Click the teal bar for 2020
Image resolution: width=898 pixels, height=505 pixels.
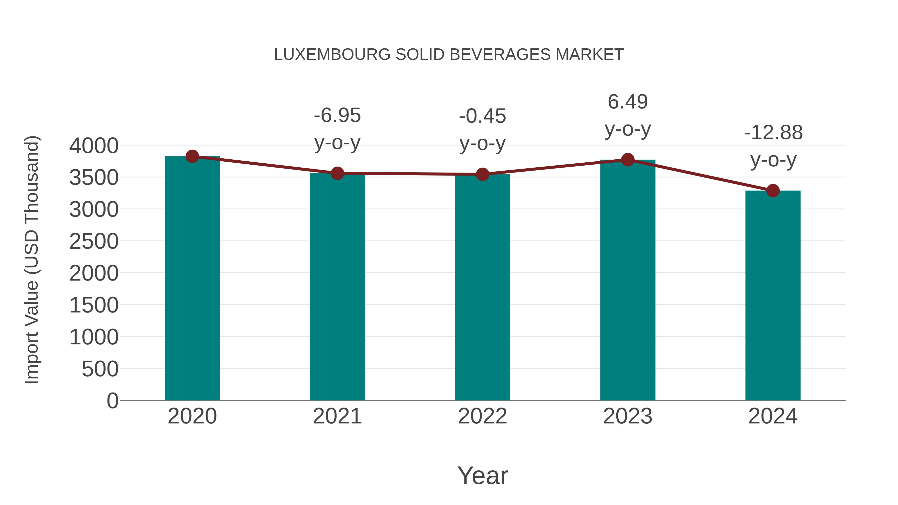(x=192, y=279)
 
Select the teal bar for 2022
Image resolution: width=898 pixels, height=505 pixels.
(x=482, y=288)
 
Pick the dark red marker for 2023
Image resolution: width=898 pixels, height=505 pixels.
(x=628, y=160)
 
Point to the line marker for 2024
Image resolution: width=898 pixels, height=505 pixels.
(x=773, y=191)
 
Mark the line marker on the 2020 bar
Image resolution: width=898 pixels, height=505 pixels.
(x=192, y=156)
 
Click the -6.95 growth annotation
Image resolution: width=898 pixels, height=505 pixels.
(x=337, y=115)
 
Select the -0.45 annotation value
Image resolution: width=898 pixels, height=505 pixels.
(x=482, y=116)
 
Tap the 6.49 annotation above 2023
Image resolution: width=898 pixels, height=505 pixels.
(x=628, y=102)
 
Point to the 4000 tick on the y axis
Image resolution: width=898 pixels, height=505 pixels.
(x=94, y=146)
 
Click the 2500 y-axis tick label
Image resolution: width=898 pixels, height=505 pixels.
(x=94, y=241)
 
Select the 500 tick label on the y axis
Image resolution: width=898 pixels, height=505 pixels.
(x=100, y=369)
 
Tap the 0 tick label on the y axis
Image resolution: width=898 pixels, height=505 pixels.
(x=112, y=401)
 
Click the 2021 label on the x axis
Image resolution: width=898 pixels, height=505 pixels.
(x=337, y=416)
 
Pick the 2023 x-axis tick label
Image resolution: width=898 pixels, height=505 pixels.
(x=628, y=416)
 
